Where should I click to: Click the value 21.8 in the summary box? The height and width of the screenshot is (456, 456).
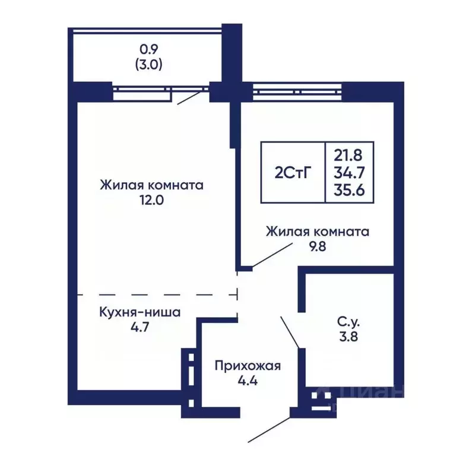(349, 156)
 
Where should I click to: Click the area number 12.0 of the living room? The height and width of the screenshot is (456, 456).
(152, 200)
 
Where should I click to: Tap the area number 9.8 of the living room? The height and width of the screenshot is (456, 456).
(317, 246)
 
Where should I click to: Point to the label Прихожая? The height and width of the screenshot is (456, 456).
(248, 365)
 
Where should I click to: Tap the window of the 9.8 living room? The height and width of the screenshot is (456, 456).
(297, 91)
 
